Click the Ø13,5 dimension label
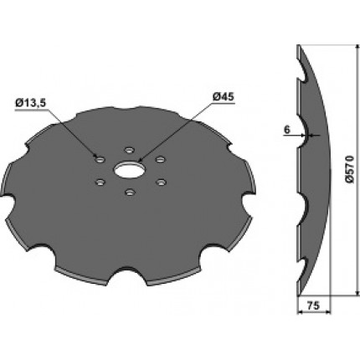pyautogui.click(x=31, y=104)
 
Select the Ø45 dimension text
pyautogui.click(x=224, y=97)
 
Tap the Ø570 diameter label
pyautogui.click(x=350, y=169)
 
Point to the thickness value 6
pyautogui.click(x=286, y=130)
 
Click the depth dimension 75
pyautogui.click(x=313, y=306)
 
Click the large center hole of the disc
pyautogui.click(x=129, y=170)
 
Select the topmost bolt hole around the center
pyautogui.click(x=129, y=150)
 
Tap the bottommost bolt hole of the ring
pyautogui.click(x=129, y=192)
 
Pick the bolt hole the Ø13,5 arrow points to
pyautogui.click(x=100, y=160)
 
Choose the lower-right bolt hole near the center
pyautogui.click(x=161, y=183)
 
